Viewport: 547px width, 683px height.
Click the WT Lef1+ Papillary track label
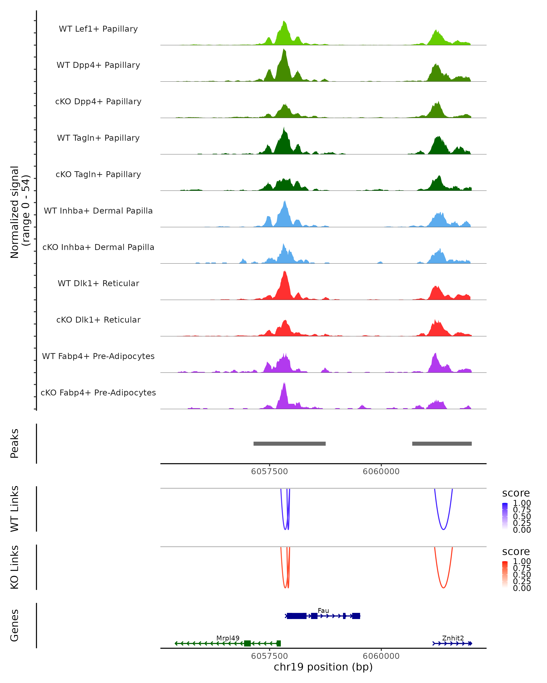click(x=98, y=29)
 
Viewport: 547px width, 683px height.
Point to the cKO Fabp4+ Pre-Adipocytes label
click(x=98, y=392)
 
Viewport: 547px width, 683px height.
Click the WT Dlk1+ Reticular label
click(x=98, y=283)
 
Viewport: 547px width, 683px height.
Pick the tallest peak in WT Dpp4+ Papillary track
click(x=284, y=50)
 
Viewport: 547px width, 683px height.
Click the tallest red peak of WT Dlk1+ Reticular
click(x=285, y=272)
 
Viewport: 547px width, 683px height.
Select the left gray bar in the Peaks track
click(x=289, y=443)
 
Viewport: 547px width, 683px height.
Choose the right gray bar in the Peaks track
click(x=442, y=443)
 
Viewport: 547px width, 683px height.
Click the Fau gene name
click(x=323, y=610)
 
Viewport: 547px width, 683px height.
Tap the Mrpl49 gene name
click(x=228, y=638)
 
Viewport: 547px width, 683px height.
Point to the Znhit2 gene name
click(x=453, y=638)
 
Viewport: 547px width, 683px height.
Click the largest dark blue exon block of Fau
click(x=297, y=616)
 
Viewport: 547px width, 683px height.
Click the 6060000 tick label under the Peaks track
click(x=381, y=471)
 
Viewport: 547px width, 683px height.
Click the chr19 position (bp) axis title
click(x=323, y=667)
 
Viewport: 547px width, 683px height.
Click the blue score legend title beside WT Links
click(x=516, y=493)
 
